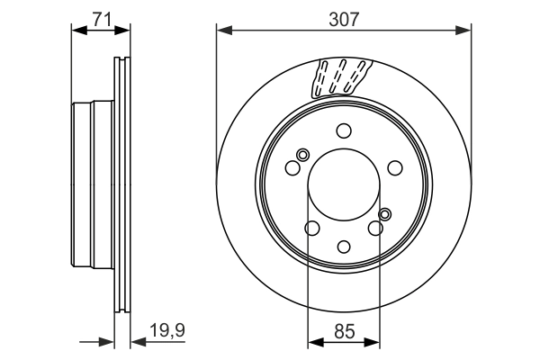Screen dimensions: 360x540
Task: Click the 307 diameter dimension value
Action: click(x=344, y=17)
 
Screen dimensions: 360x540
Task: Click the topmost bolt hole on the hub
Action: click(x=344, y=130)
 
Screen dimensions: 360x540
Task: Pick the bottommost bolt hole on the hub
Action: click(x=344, y=245)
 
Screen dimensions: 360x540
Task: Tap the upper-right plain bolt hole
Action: click(x=394, y=167)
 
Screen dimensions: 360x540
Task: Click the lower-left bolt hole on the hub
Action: click(x=313, y=228)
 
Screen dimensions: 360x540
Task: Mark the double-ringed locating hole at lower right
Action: click(x=385, y=213)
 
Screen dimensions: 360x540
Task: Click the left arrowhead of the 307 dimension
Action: click(x=222, y=31)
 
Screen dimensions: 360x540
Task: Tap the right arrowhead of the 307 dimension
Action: click(x=466, y=31)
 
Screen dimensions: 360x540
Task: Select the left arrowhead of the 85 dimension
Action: click(x=313, y=341)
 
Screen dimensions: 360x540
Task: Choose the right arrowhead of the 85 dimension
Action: click(x=374, y=341)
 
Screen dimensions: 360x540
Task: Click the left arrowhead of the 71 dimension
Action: click(x=76, y=31)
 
